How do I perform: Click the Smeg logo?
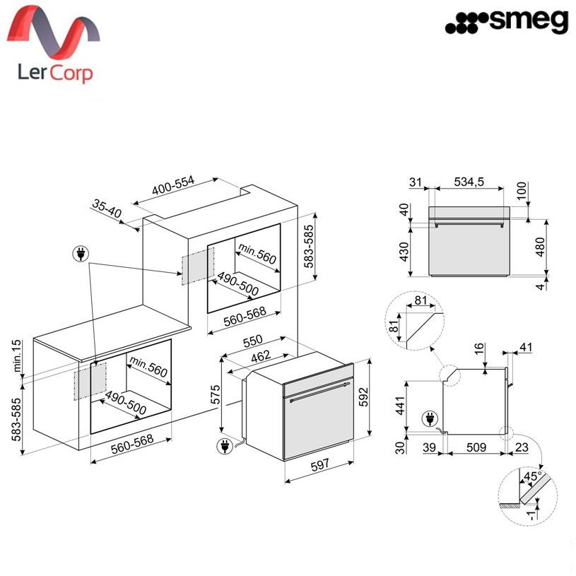tap(507, 22)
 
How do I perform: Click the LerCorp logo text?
tap(55, 72)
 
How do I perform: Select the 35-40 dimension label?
tap(107, 208)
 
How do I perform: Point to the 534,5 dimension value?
tap(469, 182)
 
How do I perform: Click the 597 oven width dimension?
tap(319, 466)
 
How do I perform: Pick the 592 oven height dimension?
tap(363, 397)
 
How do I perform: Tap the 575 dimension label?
tap(216, 394)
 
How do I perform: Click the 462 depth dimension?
tap(261, 356)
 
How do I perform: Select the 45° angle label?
tap(533, 476)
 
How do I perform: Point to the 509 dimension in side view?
tap(476, 447)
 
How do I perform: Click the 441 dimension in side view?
tap(400, 406)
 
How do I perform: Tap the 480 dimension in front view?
tap(541, 247)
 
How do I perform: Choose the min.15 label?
tap(17, 355)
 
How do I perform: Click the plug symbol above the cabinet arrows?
tap(81, 254)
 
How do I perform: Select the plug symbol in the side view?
tap(430, 419)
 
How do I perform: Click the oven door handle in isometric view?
tap(319, 392)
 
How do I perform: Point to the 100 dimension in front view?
tap(522, 191)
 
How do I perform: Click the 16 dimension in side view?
tap(479, 349)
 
